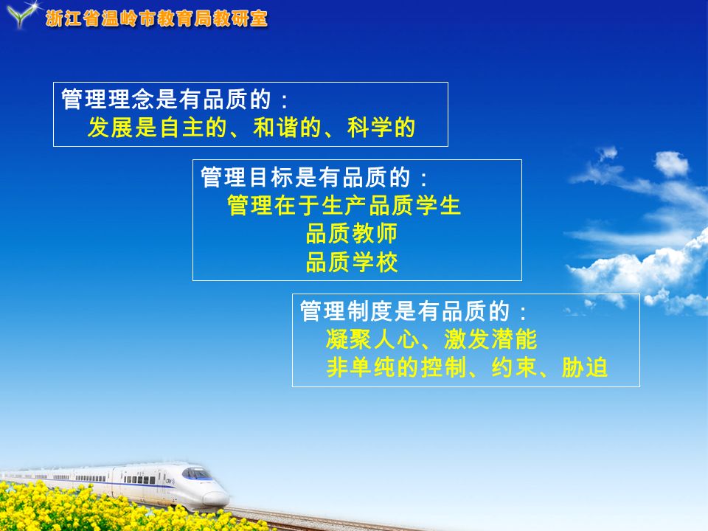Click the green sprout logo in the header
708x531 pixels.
[21, 15]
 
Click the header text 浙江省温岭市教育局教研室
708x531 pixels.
[156, 18]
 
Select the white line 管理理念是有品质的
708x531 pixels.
[166, 100]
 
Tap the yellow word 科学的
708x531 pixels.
[381, 128]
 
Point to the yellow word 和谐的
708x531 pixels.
[287, 128]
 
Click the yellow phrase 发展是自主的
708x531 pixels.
[156, 128]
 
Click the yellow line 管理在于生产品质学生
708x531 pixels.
[344, 206]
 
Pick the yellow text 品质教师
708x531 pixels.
[352, 234]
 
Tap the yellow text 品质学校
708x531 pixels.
[352, 262]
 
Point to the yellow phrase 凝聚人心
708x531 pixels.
[372, 339]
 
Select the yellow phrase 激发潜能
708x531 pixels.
[491, 339]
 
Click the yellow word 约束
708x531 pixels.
[514, 367]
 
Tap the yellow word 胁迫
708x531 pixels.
[585, 367]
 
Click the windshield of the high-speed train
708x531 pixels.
[196, 473]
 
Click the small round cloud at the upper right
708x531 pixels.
[671, 164]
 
